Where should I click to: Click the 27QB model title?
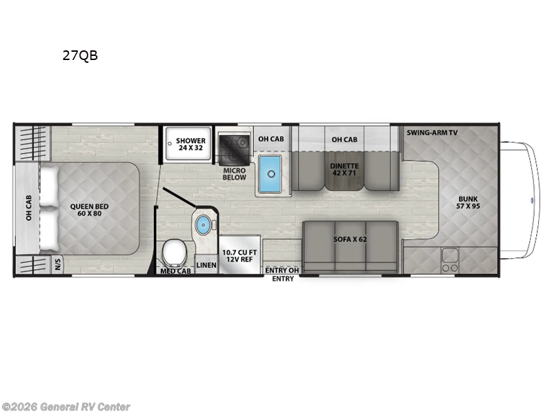tap(80, 55)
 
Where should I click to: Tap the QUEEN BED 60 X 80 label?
tap(89, 210)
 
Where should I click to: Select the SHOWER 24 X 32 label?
tap(190, 144)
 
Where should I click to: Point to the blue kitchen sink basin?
tap(270, 174)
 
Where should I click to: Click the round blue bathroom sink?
tap(203, 224)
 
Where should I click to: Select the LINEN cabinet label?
tap(206, 265)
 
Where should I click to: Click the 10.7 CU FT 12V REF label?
tap(239, 256)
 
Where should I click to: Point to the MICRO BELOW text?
tap(235, 174)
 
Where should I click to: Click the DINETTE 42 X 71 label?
tap(344, 169)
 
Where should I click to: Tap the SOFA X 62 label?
tap(351, 239)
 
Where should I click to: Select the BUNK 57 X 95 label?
tap(468, 202)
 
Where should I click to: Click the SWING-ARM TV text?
tap(432, 132)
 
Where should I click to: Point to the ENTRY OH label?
tap(282, 270)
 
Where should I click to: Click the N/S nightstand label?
tap(58, 264)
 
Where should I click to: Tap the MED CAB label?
tap(176, 271)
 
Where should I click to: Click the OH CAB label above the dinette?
tap(344, 140)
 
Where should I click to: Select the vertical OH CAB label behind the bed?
tap(29, 208)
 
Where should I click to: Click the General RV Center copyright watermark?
tap(66, 407)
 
